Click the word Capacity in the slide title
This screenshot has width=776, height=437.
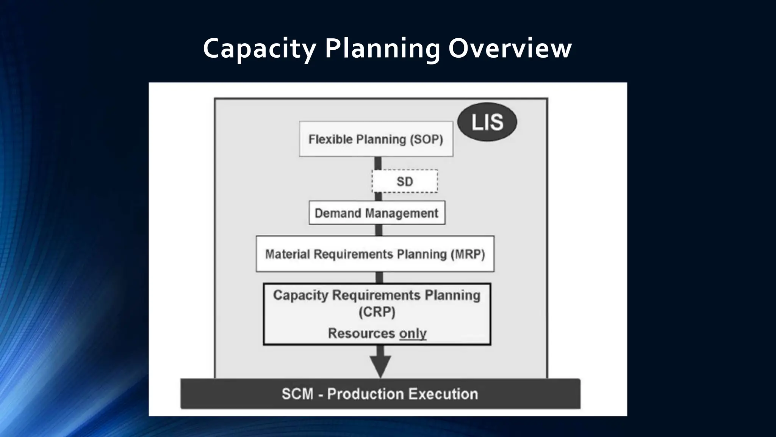(x=259, y=49)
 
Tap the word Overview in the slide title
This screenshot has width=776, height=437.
(x=510, y=49)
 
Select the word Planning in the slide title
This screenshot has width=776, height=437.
(x=382, y=49)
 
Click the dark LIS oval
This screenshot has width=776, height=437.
(x=487, y=122)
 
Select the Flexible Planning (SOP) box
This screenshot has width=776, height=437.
(x=376, y=139)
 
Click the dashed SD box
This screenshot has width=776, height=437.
(x=405, y=181)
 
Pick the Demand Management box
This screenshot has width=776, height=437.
(x=377, y=213)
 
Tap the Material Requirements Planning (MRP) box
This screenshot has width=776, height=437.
(x=375, y=254)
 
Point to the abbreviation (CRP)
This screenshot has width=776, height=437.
(x=377, y=312)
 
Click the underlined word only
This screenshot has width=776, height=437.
(x=413, y=333)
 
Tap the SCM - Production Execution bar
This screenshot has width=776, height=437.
(x=380, y=394)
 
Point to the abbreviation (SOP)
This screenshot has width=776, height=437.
(x=426, y=139)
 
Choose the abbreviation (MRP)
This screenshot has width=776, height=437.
(x=468, y=254)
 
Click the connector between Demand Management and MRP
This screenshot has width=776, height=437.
(x=379, y=230)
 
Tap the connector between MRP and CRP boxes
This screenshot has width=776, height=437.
(x=379, y=277)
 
